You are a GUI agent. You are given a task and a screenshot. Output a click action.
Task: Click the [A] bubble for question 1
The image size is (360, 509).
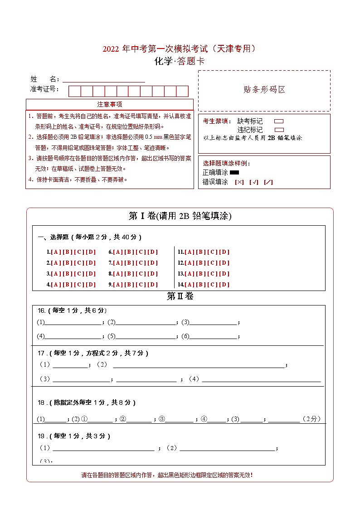pos(56,252)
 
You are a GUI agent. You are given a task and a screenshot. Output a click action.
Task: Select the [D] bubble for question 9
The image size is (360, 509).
pos(153,285)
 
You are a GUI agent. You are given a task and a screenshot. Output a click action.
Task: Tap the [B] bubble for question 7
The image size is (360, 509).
pos(129,263)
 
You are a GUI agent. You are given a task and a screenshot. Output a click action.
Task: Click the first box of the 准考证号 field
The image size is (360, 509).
pos(75,91)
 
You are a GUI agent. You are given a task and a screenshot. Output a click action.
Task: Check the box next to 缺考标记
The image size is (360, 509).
pos(279,121)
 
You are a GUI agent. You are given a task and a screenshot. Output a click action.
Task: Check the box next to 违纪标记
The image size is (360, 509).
pos(279,130)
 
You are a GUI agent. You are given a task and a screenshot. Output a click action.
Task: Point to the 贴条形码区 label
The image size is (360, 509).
pos(264,90)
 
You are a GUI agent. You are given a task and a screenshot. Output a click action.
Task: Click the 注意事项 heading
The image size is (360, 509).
pos(110,105)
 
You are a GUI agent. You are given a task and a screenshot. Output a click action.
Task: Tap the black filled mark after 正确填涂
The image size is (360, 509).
pos(234,172)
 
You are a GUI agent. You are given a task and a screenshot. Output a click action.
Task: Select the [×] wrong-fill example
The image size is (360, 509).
pos(239,182)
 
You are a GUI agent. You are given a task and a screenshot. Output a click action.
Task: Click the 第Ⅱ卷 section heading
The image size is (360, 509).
pos(180,296)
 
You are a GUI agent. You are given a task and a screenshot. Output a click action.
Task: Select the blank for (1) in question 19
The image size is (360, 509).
pos(103,449)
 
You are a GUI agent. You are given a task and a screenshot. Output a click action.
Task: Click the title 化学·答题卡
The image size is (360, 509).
pos(180,62)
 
